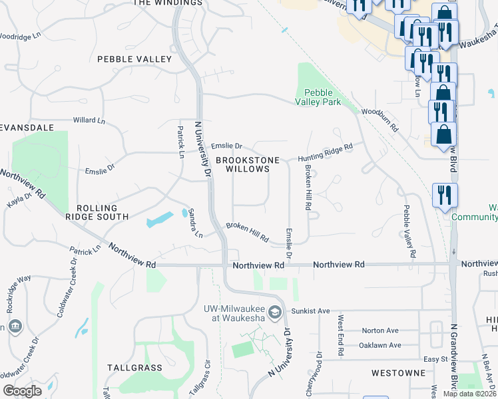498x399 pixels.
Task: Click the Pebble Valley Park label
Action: pos(318,97)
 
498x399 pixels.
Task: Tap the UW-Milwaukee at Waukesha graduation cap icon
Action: pos(274,311)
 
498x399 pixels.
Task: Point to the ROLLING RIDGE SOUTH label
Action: pos(97,212)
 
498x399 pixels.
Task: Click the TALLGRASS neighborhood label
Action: pos(134,367)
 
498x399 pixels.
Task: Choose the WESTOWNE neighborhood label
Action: pos(399,373)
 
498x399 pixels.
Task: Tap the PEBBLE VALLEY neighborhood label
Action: pos(134,59)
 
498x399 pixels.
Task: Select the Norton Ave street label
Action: pos(379,331)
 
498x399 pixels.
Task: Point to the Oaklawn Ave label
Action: pos(381,345)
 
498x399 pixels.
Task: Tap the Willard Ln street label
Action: pos(89,121)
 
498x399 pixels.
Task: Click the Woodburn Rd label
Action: pos(379,120)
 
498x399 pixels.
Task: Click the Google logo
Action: pos(22,391)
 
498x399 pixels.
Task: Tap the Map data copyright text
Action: pos(469,394)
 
